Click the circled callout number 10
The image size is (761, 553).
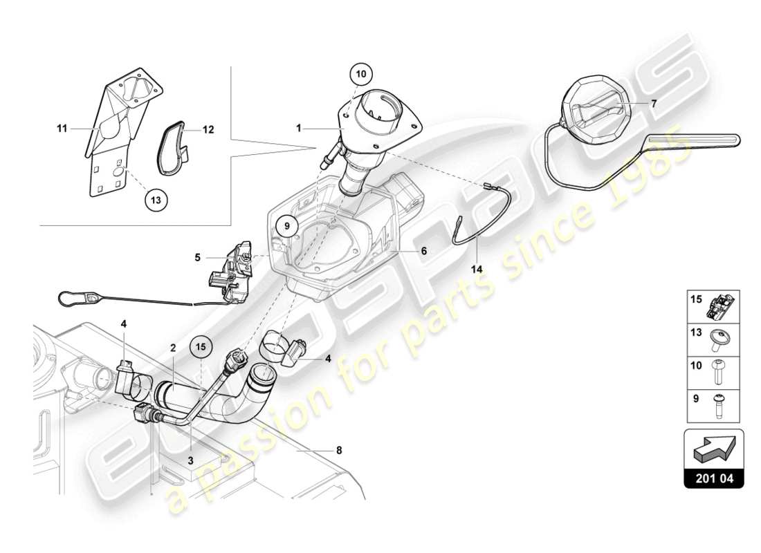(363, 73)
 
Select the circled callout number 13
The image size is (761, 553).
(156, 199)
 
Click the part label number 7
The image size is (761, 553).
(652, 103)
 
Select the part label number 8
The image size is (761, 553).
(338, 450)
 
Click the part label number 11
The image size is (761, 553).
(62, 128)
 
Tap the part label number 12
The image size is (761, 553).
(208, 129)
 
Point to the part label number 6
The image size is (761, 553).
(423, 252)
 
